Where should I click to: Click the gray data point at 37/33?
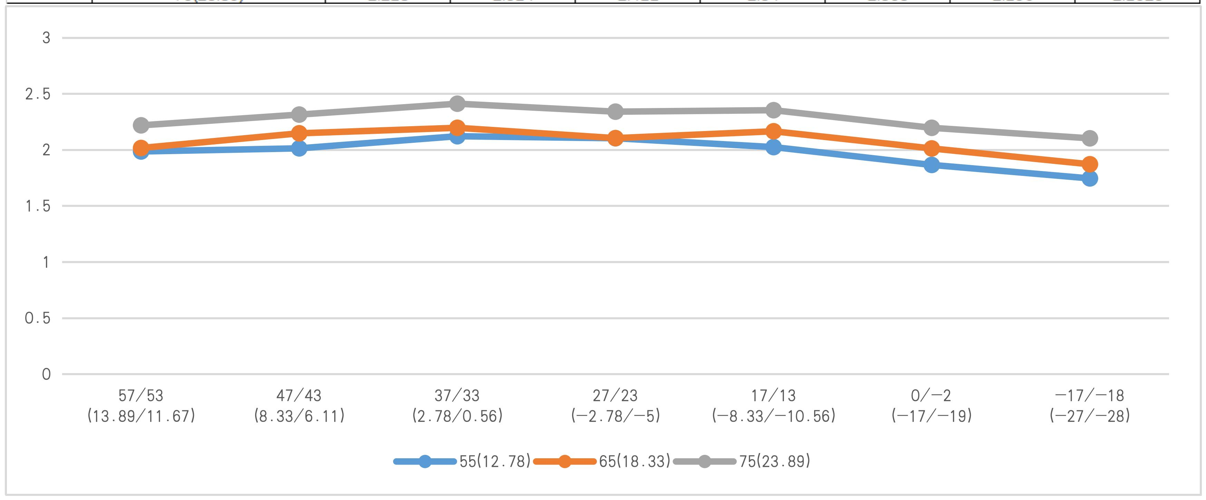457,103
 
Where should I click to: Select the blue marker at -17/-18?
1089,178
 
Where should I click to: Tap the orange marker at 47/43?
299,133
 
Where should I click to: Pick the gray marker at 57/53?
141,125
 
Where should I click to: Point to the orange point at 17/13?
773,131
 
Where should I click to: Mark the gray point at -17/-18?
1089,138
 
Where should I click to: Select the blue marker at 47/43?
299,148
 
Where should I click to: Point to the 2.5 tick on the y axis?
37,94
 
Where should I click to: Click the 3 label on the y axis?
46,38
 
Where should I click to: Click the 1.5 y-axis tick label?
37,206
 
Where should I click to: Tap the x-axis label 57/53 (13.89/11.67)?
141,406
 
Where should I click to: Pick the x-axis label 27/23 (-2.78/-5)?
615,406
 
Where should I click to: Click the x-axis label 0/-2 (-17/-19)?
932,406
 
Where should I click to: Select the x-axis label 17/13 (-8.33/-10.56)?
773,406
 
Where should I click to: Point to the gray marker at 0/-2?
932,127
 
